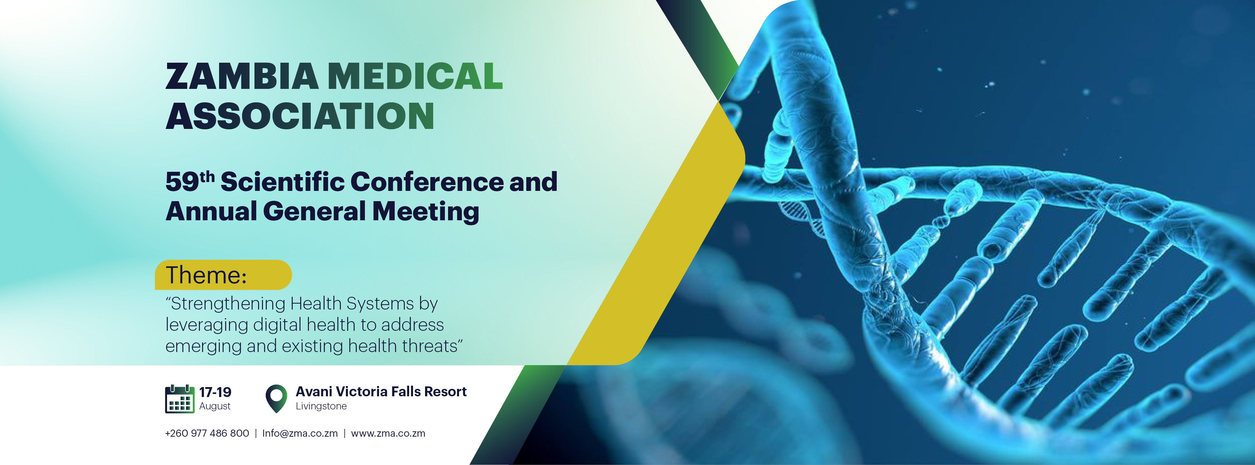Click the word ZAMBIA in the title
pyautogui.click(x=242, y=76)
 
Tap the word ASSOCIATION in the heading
pyautogui.click(x=300, y=116)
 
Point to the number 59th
pyautogui.click(x=190, y=181)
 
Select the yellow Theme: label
pyautogui.click(x=223, y=275)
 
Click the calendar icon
pyautogui.click(x=180, y=399)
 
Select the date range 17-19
pyautogui.click(x=215, y=392)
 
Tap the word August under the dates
pyautogui.click(x=215, y=407)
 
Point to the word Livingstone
pyautogui.click(x=321, y=407)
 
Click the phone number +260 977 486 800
pyautogui.click(x=207, y=433)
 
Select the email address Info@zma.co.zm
pyautogui.click(x=300, y=433)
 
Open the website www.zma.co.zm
pyautogui.click(x=388, y=433)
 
